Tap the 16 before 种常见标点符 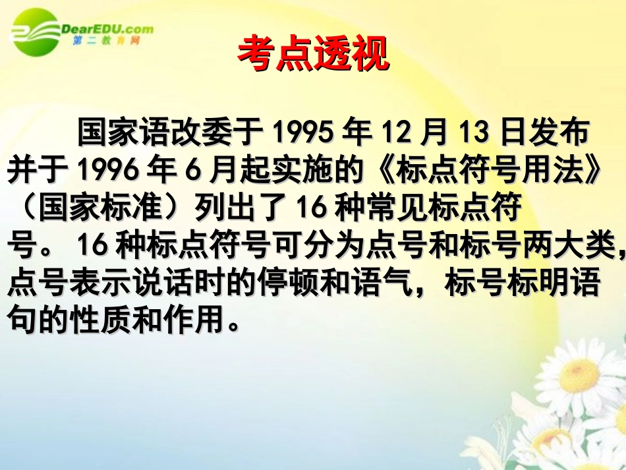pos(304,209)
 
